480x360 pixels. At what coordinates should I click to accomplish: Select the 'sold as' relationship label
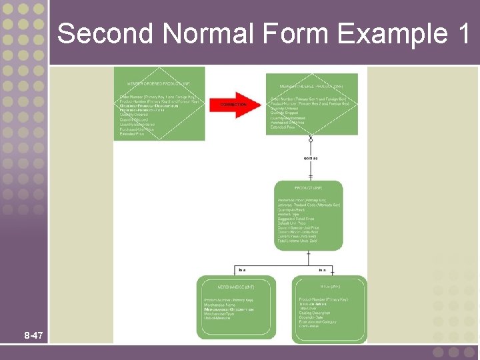pos(311,158)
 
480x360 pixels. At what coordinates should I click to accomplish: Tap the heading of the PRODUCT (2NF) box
pos(308,189)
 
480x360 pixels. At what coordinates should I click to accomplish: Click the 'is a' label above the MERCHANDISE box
pos(242,270)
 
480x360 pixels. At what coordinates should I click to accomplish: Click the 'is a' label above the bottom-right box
pos(322,270)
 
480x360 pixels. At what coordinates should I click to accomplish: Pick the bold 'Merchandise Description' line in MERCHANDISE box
pos(228,310)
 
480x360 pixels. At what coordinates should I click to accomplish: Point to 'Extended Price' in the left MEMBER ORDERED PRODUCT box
pos(132,134)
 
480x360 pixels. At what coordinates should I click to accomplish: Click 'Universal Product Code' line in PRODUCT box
pos(309,205)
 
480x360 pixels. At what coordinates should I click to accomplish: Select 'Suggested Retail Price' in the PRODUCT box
pos(296,219)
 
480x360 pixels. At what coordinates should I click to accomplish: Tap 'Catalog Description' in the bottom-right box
pos(315,313)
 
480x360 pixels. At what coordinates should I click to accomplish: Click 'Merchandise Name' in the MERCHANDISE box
pos(221,305)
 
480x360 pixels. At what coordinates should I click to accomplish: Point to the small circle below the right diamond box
pos(311,140)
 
